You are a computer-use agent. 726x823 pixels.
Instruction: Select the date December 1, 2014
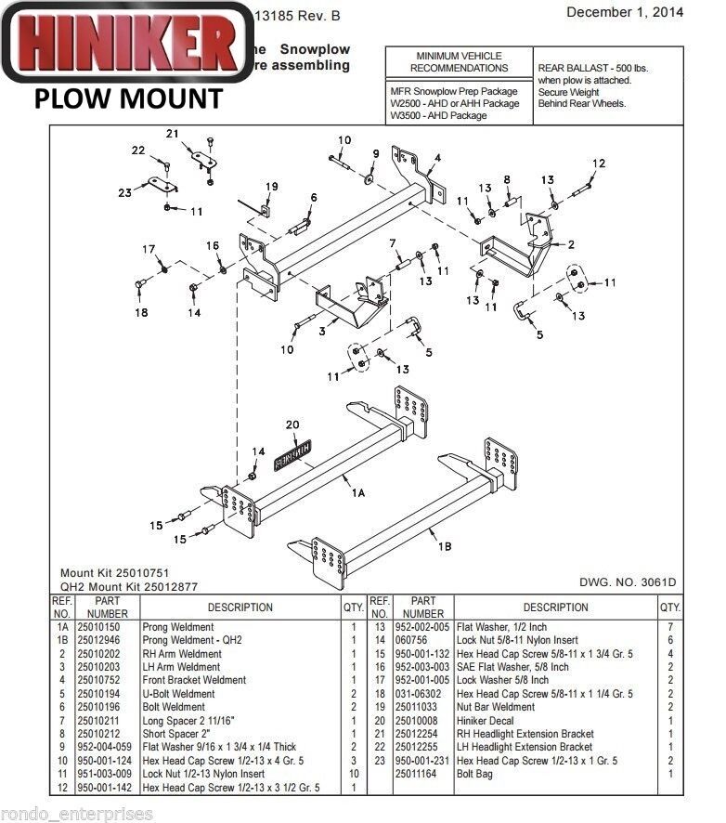coord(624,12)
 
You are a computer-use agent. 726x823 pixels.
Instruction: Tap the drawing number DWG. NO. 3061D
coord(628,582)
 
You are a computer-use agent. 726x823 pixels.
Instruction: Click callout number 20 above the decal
coord(292,425)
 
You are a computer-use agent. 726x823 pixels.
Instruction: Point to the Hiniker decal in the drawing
coord(292,451)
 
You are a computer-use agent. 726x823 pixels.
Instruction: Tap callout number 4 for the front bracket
coord(436,158)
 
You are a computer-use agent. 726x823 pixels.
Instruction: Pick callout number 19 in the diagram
coord(271,187)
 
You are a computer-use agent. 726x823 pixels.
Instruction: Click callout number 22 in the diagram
coord(138,150)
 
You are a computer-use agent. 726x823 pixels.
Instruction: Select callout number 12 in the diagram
coord(599,163)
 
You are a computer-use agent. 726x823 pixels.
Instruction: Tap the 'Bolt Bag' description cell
coord(474,774)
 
